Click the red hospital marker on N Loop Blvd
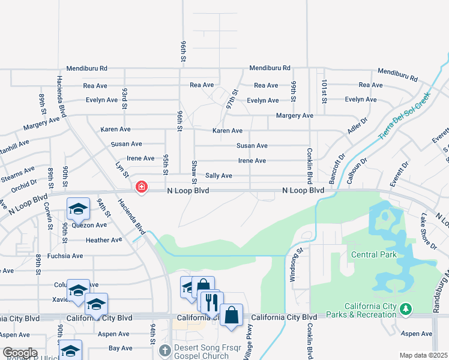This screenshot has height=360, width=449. [x=142, y=188]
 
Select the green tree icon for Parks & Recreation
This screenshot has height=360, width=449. [x=407, y=309]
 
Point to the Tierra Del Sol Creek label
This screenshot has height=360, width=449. [x=405, y=115]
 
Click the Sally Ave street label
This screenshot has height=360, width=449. [x=218, y=176]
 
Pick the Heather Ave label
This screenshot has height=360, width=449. [x=104, y=240]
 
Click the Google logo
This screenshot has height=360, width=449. [x=20, y=353]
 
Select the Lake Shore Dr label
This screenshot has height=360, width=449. [x=429, y=230]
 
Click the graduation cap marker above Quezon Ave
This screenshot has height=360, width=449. [x=78, y=209]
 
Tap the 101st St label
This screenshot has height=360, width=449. [x=324, y=92]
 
